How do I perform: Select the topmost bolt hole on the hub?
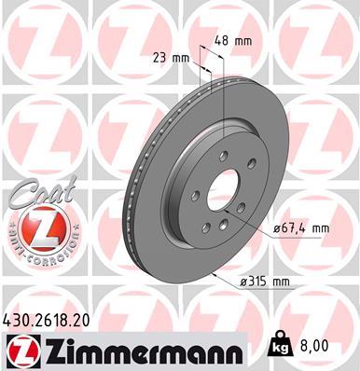224,156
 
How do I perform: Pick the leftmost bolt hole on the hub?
195,197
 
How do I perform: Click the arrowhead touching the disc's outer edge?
216,276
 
